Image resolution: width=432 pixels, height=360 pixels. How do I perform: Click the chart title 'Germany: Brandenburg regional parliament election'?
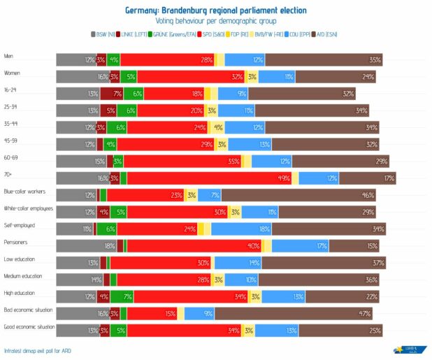215,10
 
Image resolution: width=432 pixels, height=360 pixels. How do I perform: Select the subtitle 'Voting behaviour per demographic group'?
215,22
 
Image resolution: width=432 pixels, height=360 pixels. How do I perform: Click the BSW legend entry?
103,34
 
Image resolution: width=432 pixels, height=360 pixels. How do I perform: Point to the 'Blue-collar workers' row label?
25,190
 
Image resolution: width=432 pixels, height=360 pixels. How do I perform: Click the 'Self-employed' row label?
20,225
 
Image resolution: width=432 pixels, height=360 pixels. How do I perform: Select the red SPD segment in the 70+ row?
210,178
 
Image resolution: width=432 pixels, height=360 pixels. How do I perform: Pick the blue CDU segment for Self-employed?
242,229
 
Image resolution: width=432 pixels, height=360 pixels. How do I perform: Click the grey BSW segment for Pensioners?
85,245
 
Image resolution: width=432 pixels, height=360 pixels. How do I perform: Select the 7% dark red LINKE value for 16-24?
118,94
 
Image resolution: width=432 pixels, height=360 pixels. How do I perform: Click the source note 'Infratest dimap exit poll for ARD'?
37,350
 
